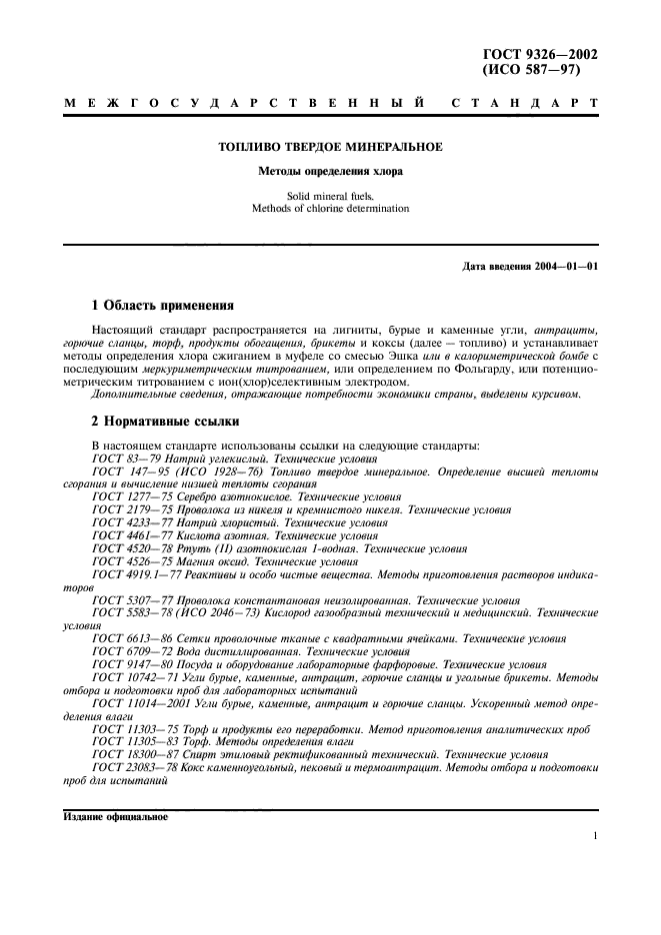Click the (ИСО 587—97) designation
(x=532, y=71)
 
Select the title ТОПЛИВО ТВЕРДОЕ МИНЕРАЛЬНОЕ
(x=330, y=147)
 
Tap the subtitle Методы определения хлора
(x=330, y=172)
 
